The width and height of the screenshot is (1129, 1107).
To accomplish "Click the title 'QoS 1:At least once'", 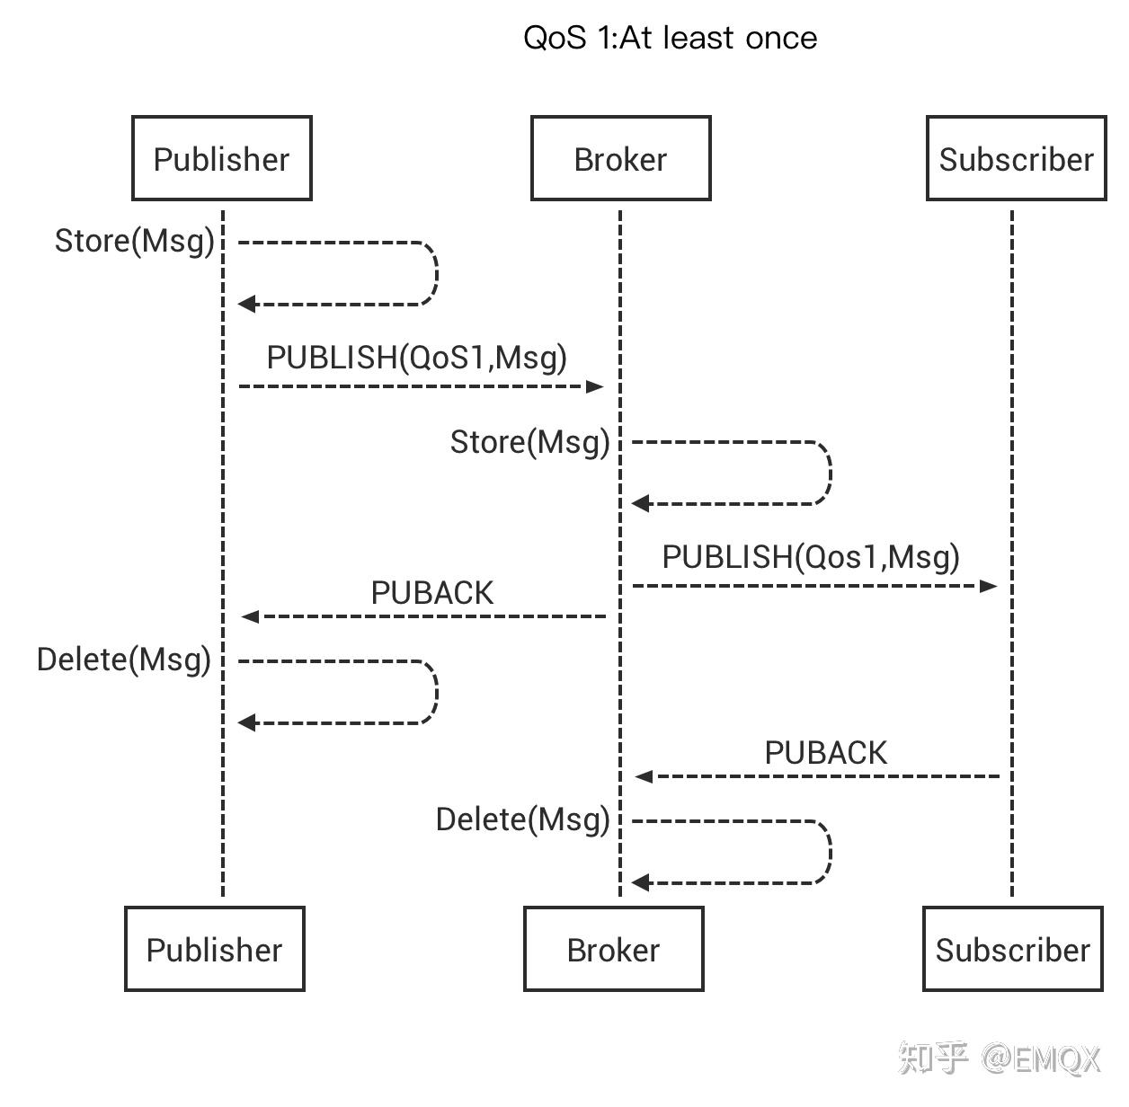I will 670,38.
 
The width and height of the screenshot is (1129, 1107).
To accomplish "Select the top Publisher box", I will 221,158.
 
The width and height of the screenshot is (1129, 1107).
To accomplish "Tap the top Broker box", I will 620,158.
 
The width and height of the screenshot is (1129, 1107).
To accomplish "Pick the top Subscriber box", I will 1016,158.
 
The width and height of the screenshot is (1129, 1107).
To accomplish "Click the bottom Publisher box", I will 214,949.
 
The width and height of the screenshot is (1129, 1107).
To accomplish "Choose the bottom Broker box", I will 613,949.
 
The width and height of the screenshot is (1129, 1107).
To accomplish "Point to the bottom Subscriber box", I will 1012,949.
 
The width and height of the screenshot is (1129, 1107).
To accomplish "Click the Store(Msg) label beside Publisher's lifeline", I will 135,241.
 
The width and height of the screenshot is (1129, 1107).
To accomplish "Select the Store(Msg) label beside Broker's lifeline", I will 529,442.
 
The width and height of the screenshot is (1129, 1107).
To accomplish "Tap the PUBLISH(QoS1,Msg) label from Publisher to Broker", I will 417,358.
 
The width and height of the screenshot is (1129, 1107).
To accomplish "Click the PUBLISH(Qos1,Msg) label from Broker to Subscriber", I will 811,557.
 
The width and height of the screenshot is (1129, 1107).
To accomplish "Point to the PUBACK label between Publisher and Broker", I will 432,593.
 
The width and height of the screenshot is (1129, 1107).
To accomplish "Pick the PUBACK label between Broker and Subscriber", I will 825,753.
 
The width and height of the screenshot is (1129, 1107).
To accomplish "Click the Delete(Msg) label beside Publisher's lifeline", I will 124,660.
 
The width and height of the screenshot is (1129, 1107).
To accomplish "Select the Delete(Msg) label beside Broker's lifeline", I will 522,819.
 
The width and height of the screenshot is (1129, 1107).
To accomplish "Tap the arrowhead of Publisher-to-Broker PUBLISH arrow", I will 595,386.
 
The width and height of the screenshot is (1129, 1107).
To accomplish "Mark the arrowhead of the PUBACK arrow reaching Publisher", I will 250,616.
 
